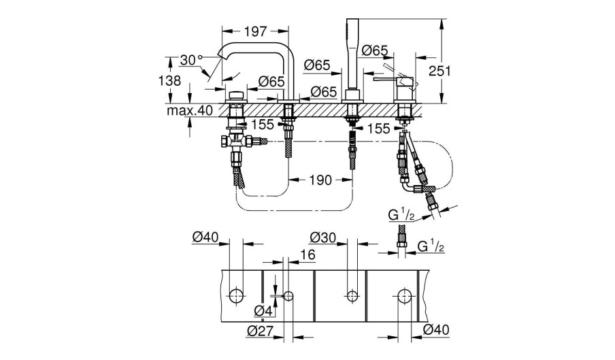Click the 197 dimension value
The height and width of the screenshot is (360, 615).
255,31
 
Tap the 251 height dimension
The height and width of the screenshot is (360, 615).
439,71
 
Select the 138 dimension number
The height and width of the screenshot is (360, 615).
169,80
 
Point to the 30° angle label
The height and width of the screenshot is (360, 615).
191,60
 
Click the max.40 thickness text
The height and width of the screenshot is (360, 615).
190,110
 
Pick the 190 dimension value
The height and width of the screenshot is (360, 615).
320,180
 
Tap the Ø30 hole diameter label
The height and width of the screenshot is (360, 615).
322,238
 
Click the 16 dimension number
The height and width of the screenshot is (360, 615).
308,255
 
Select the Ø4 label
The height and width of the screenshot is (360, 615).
263,312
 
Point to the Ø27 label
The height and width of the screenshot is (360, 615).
260,331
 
